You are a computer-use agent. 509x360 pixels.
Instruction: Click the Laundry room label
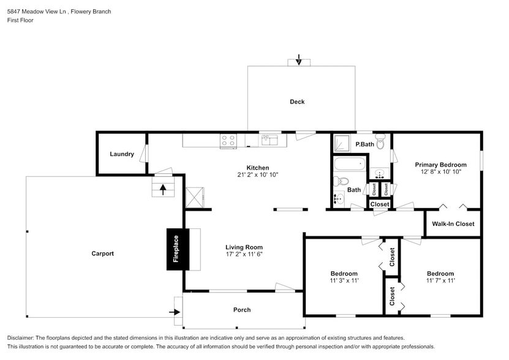point(122,154)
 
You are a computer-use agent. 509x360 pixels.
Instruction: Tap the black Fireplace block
point(176,249)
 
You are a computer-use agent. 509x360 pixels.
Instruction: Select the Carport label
point(102,253)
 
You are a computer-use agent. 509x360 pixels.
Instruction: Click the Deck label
point(297,102)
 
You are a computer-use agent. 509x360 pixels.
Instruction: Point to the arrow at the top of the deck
point(298,60)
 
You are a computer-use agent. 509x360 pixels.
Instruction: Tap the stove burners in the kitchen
point(228,141)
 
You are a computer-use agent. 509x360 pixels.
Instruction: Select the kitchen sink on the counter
point(269,141)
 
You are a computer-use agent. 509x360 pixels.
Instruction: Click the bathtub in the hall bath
point(350,164)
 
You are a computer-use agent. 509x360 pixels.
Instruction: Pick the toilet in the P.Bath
point(380,144)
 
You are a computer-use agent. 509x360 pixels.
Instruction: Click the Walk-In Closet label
point(453,224)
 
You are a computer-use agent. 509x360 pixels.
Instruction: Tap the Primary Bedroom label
point(440,165)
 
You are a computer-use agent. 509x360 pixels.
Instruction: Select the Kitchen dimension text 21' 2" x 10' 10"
point(257,175)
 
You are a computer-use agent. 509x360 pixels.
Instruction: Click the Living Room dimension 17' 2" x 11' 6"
point(244,255)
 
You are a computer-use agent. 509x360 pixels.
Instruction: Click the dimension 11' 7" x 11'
point(440,281)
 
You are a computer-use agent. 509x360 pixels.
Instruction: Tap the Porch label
point(242,310)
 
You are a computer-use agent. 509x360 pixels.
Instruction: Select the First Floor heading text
point(20,20)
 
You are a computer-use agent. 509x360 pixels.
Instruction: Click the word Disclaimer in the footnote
point(21,338)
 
